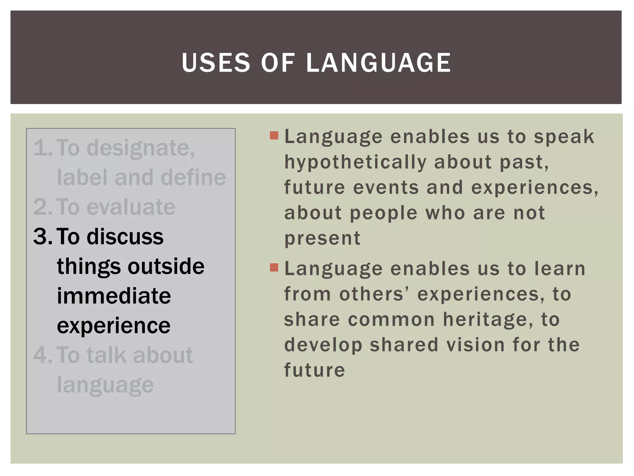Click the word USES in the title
pyautogui.click(x=216, y=63)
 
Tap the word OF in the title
pyautogui.click(x=278, y=63)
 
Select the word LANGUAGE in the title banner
pyautogui.click(x=378, y=63)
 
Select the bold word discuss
pyautogui.click(x=125, y=237)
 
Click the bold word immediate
pyautogui.click(x=114, y=296)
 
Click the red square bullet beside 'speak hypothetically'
pyautogui.click(x=274, y=135)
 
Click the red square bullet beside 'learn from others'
pyautogui.click(x=274, y=267)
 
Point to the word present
pyautogui.click(x=322, y=239)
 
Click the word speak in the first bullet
pyautogui.click(x=564, y=137)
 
